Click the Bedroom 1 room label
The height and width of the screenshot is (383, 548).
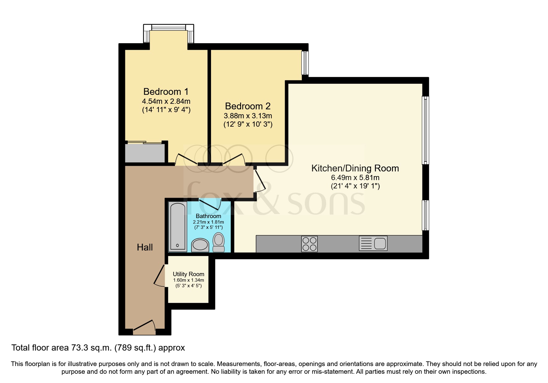coord(166,91)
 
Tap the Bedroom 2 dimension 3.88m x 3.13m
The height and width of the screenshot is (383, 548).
coord(248,116)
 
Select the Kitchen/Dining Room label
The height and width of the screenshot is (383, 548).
coord(355,168)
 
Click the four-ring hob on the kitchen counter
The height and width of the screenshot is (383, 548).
coord(309,244)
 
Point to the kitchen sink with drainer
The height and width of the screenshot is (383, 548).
coord(373,243)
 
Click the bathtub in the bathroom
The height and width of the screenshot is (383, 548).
coord(178,227)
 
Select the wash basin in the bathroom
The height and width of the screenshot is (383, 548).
coord(200,246)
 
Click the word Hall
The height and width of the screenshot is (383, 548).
coord(145,247)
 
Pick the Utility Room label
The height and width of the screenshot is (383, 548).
coord(188,274)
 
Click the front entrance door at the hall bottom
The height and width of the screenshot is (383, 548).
coord(144,328)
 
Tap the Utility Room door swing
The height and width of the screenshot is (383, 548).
coord(160,276)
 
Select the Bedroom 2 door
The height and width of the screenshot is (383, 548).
coord(234,159)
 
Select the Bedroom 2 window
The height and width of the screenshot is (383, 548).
coord(305,63)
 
